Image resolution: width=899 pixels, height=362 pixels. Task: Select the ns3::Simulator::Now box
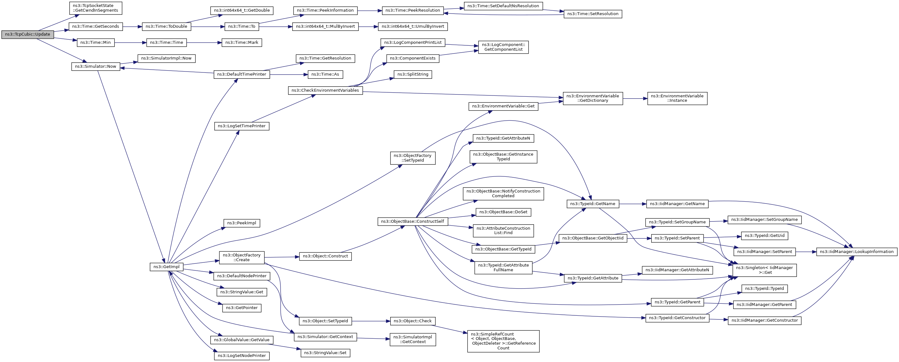pyautogui.click(x=96, y=66)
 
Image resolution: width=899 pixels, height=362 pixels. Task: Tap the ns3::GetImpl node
pyautogui.click(x=166, y=267)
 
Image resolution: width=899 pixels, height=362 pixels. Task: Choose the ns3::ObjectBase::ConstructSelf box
pyautogui.click(x=413, y=221)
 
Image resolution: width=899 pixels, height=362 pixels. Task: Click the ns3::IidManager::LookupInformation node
pyautogui.click(x=856, y=252)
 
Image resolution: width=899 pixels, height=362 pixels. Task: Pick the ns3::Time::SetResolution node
pyautogui.click(x=593, y=14)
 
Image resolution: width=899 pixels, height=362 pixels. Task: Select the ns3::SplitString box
pyautogui.click(x=413, y=74)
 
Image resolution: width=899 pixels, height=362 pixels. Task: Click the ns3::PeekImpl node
pyautogui.click(x=241, y=223)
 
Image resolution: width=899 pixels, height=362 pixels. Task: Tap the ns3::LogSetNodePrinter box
pyautogui.click(x=241, y=356)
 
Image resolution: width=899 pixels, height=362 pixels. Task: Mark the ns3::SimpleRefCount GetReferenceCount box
pyautogui.click(x=503, y=341)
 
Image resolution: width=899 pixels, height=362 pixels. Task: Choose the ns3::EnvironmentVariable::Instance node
pyautogui.click(x=677, y=98)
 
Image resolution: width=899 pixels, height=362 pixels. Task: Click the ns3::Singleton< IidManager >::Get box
pyautogui.click(x=764, y=270)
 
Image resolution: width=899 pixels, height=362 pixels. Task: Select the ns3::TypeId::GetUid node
pyautogui.click(x=764, y=236)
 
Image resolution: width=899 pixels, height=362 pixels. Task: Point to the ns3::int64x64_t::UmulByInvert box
pyautogui.click(x=413, y=26)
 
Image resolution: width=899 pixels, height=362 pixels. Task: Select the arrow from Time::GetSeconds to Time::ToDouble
pyautogui.click(x=132, y=26)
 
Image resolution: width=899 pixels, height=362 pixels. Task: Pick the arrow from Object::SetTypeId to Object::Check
pyautogui.click(x=371, y=321)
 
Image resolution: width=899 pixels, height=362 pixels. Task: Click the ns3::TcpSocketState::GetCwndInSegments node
pyautogui.click(x=96, y=8)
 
